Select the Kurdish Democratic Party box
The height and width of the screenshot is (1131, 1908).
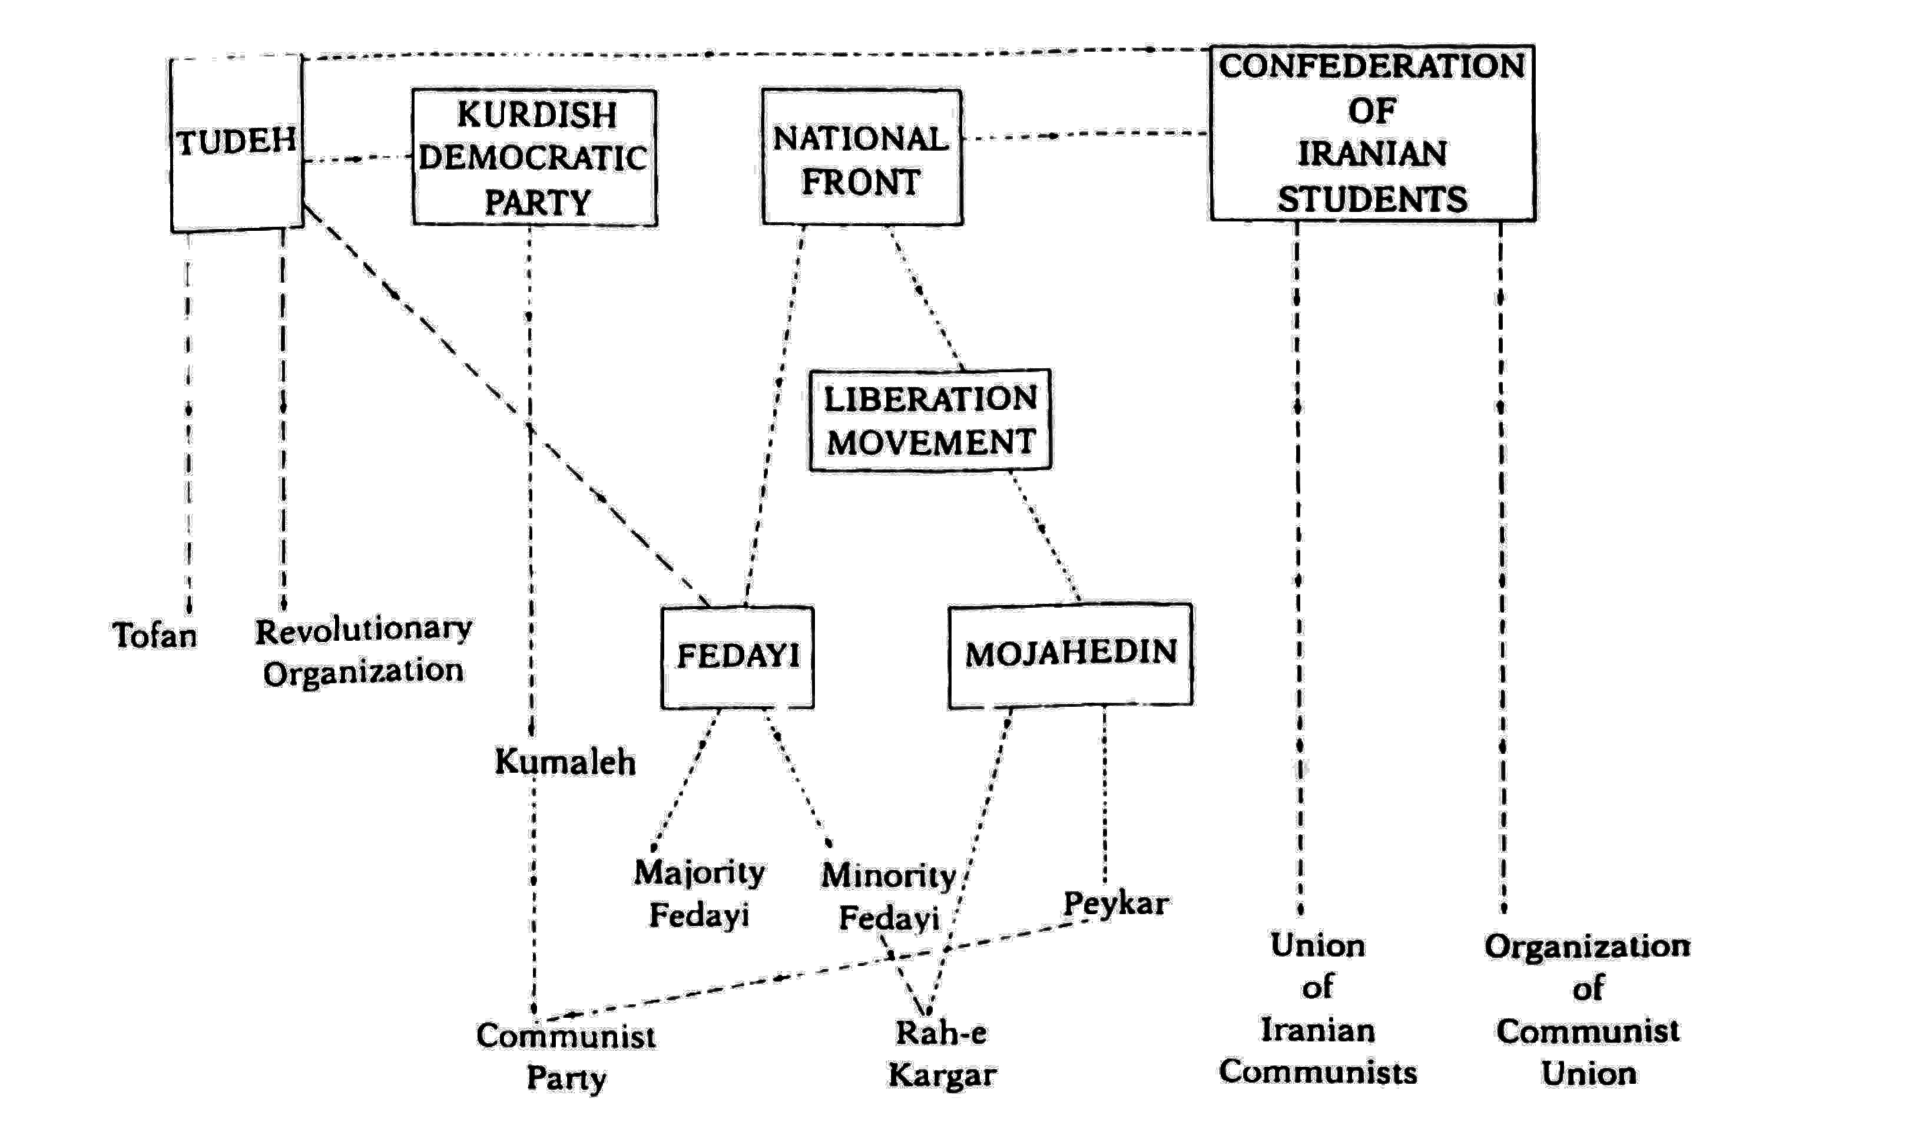coord(534,158)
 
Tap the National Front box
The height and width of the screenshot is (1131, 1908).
coord(862,158)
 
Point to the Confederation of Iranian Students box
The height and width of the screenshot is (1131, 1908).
coord(1372,133)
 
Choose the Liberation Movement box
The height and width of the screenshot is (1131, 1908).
coord(930,420)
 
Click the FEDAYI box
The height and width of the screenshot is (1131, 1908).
coord(737,657)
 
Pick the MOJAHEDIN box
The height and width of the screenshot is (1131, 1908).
coord(1070,654)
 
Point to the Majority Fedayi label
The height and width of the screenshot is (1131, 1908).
coord(699,893)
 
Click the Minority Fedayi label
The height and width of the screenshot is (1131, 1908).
coord(888,897)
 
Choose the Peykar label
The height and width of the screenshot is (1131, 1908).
coord(1115,904)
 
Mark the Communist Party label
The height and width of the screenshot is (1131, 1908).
coord(566,1056)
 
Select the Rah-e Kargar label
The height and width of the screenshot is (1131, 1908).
coord(942,1054)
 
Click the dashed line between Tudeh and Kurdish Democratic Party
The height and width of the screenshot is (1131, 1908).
coord(357,159)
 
